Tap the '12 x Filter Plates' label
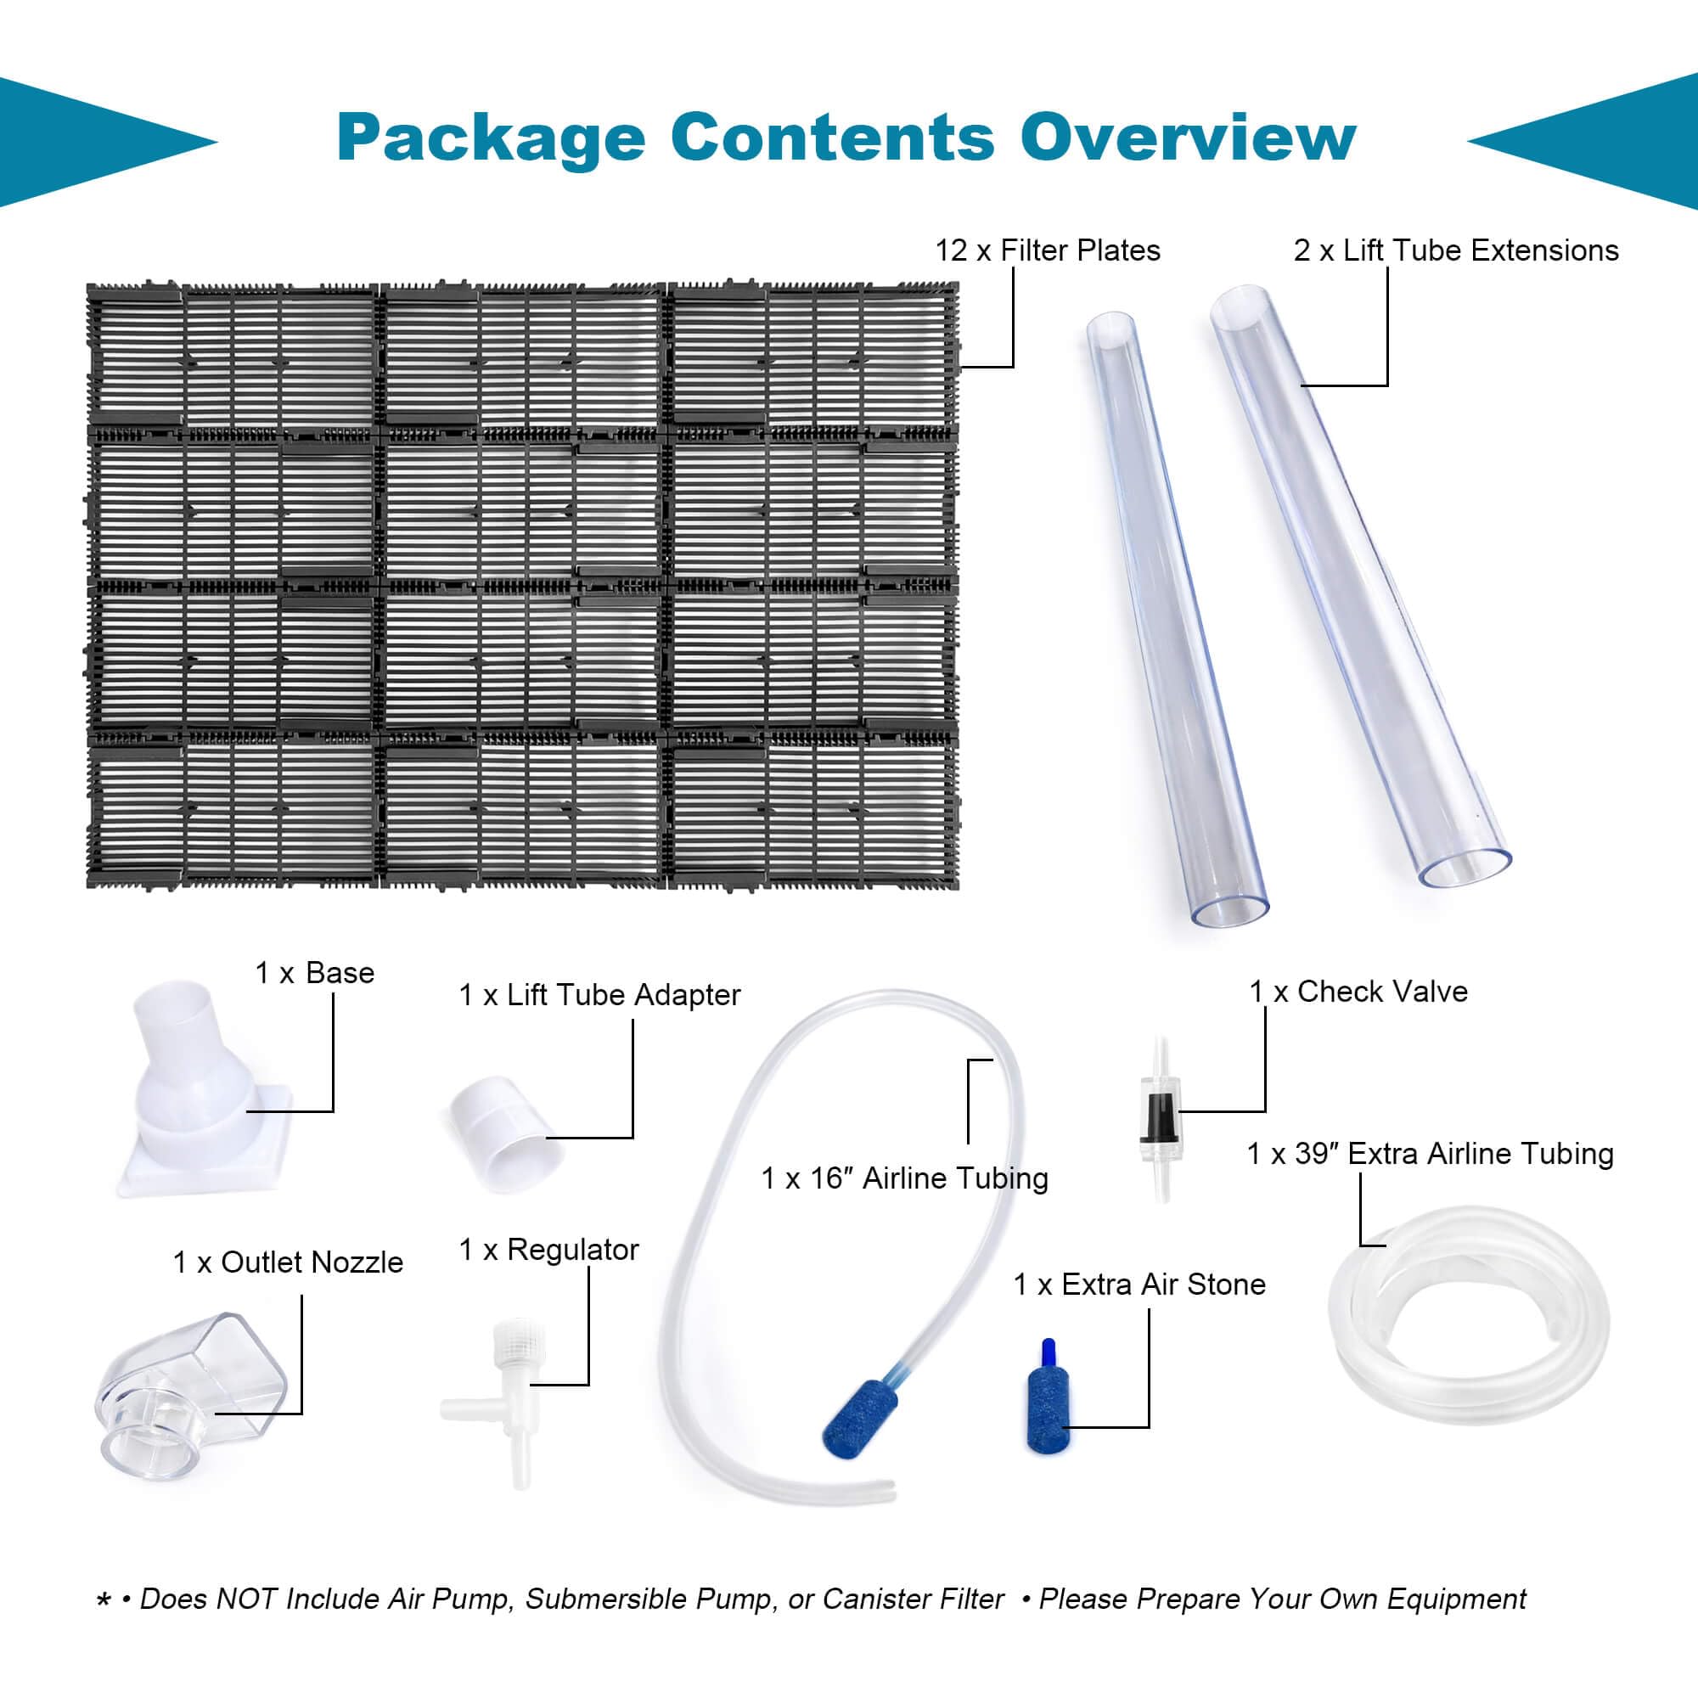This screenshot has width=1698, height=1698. [1047, 250]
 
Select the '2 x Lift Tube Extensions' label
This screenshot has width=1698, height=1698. [1455, 250]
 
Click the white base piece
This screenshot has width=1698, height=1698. [204, 1090]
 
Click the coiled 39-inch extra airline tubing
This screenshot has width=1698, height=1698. [1468, 1316]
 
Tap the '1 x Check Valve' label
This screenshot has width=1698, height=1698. [1358, 992]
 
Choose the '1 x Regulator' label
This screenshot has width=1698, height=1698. [548, 1250]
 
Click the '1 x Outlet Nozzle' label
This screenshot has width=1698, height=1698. [288, 1262]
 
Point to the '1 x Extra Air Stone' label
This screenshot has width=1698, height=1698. [1139, 1284]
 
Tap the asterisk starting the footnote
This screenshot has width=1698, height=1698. [104, 1601]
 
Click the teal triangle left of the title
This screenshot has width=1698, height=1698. [97, 143]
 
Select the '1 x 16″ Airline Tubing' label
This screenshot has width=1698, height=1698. [904, 1178]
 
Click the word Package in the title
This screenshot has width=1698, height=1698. [491, 139]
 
